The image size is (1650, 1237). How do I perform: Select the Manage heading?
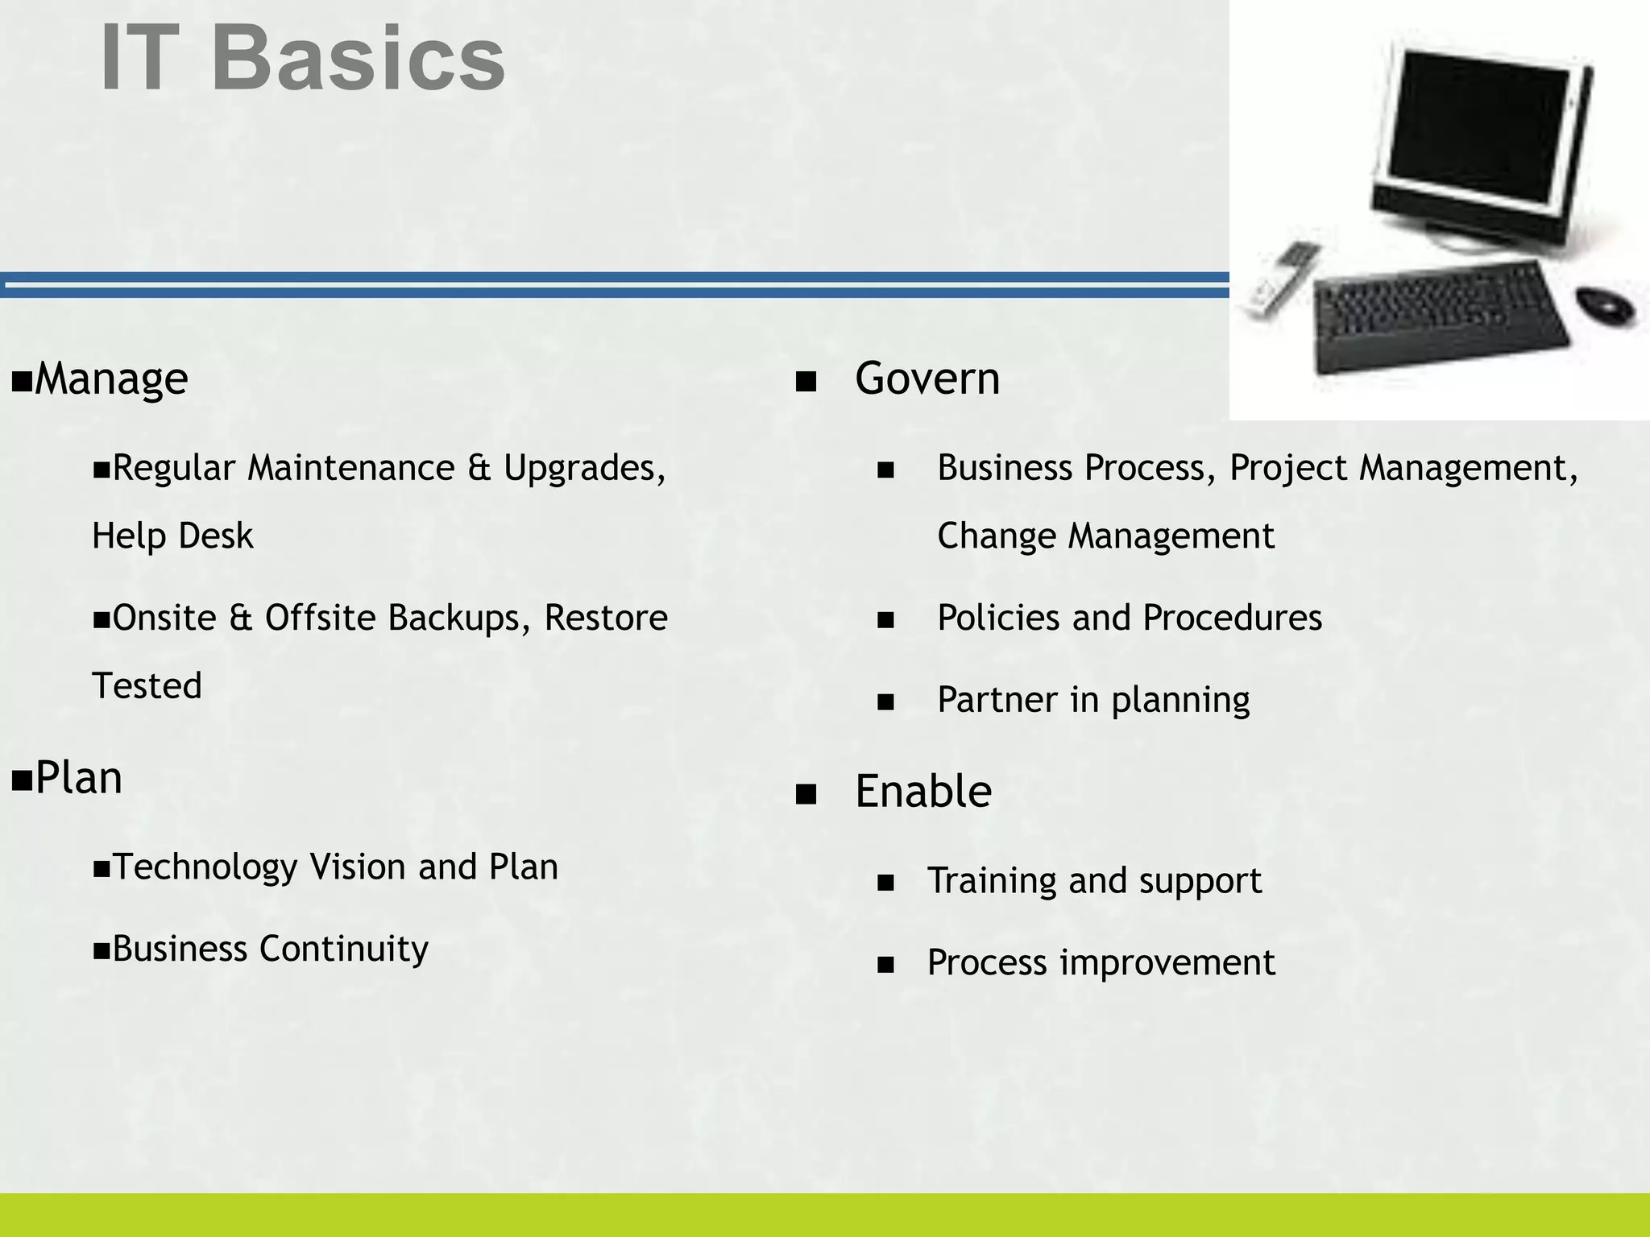tap(110, 379)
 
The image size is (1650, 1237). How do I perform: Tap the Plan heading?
tap(78, 779)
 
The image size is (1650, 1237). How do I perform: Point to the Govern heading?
tap(927, 379)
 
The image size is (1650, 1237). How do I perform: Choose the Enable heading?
tap(922, 792)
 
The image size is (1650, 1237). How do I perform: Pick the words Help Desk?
tap(172, 536)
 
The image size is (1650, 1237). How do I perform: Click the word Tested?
tap(147, 686)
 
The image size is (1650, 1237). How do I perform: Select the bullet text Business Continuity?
tap(270, 949)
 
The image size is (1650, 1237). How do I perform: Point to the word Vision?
tap(359, 867)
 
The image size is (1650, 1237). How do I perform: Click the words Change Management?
tap(1105, 536)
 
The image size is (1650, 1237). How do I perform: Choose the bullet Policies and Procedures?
tap(1129, 618)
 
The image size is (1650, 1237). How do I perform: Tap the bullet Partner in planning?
tap(1092, 700)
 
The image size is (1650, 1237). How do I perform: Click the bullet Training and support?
tap(1093, 881)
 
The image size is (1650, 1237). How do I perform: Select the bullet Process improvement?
tap(1101, 963)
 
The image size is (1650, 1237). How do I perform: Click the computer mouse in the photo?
tap(1605, 304)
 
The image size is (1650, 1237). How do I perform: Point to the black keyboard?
tap(1438, 319)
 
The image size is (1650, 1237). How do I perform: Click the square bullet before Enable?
tap(806, 795)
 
